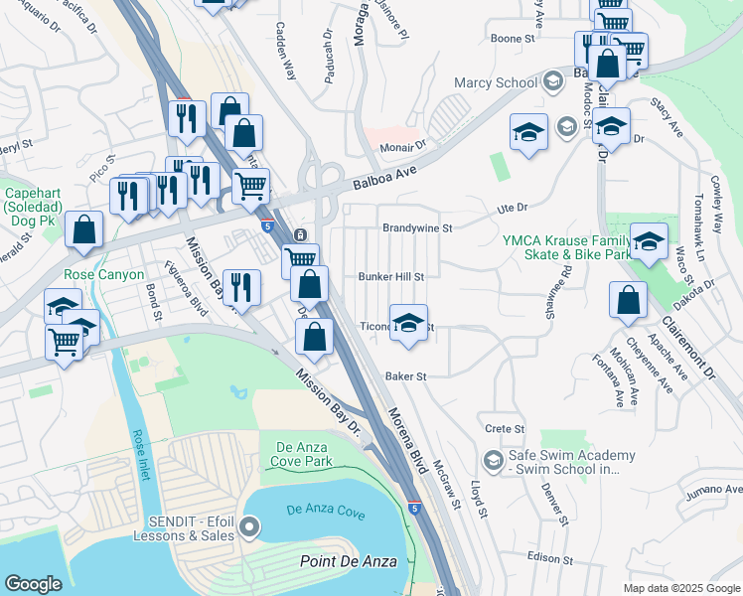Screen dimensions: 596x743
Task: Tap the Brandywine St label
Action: click(x=417, y=227)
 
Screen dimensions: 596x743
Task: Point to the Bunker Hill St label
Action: click(x=391, y=277)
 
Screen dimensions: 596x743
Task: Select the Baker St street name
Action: click(x=405, y=376)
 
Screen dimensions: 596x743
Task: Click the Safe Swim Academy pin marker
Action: click(x=493, y=460)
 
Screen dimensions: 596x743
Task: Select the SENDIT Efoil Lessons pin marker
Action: click(x=248, y=526)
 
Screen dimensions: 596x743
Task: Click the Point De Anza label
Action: click(x=349, y=562)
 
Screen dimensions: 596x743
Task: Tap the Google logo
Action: click(x=33, y=584)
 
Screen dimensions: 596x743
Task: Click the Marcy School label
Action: click(x=495, y=83)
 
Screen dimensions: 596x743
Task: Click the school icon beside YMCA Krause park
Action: click(x=649, y=241)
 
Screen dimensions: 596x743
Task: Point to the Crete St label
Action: click(x=505, y=428)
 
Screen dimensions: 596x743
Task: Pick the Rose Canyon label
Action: click(x=104, y=274)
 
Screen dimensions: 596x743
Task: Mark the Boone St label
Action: click(x=514, y=39)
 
